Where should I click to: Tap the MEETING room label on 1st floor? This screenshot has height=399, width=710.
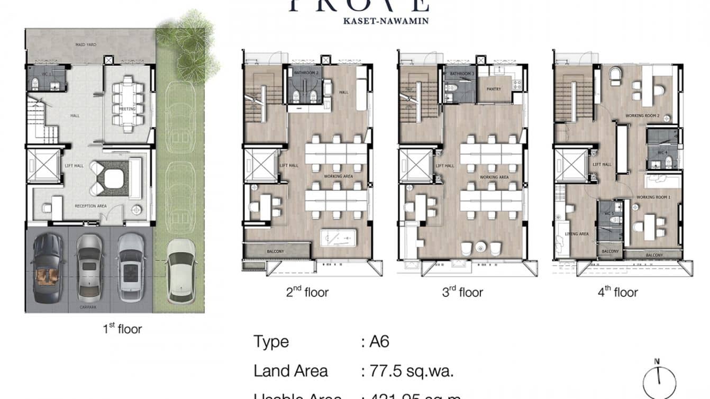point(127,109)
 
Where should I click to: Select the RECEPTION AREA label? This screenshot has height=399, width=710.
point(91,206)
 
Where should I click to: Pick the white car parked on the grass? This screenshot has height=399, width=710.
point(181,270)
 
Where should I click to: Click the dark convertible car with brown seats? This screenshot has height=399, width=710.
point(47,268)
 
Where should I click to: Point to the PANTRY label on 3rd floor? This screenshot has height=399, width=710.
point(494,89)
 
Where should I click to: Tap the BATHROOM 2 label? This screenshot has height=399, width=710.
point(306,72)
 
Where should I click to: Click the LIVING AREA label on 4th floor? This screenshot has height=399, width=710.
point(577,233)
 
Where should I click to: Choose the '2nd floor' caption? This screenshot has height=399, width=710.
point(307,292)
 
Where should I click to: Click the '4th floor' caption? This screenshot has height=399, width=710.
point(617,292)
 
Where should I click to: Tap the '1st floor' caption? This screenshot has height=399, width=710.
point(122,329)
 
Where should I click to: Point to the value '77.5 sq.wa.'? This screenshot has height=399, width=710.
point(407,371)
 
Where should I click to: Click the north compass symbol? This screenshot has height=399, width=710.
point(658,379)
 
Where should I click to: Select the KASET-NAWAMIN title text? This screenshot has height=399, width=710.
point(358,21)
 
